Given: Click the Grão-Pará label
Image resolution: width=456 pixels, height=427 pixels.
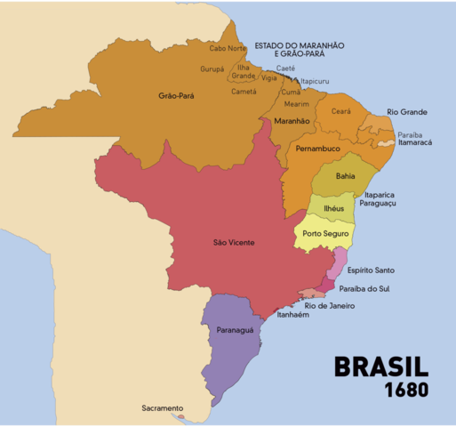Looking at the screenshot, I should click(x=176, y=95).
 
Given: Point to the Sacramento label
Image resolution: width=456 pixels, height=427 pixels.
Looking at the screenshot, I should click(x=162, y=408).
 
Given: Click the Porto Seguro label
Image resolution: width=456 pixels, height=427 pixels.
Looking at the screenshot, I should click(x=324, y=234).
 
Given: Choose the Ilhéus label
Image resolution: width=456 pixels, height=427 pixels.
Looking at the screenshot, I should click(x=332, y=207).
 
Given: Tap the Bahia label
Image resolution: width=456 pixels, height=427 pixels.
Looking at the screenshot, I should click(x=345, y=176).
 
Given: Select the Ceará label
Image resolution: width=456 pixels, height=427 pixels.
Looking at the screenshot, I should click(x=340, y=111).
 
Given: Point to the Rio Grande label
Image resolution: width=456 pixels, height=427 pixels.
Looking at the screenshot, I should click(x=407, y=112).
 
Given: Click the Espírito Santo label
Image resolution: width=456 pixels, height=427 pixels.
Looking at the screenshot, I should click(x=371, y=270).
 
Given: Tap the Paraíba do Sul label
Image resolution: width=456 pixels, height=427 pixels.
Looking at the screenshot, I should click(x=376, y=289).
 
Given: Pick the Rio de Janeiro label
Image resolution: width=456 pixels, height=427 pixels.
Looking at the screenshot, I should click(x=330, y=306).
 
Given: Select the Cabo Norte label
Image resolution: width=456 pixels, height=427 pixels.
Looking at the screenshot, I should click(x=228, y=48).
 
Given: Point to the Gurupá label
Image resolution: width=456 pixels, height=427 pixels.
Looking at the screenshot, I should click(x=212, y=68).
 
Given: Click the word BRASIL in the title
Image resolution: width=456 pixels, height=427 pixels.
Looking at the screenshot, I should click(x=380, y=368).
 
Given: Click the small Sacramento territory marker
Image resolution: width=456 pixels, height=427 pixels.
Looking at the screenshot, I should click(x=180, y=416).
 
